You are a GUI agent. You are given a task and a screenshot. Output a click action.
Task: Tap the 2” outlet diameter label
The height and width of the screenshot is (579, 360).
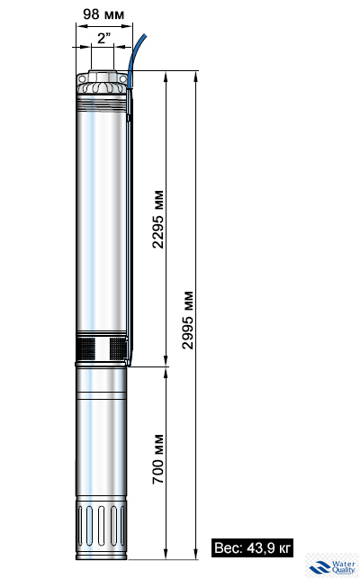click(103, 39)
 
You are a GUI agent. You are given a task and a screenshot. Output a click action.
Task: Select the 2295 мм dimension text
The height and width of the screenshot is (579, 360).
click(158, 222)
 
